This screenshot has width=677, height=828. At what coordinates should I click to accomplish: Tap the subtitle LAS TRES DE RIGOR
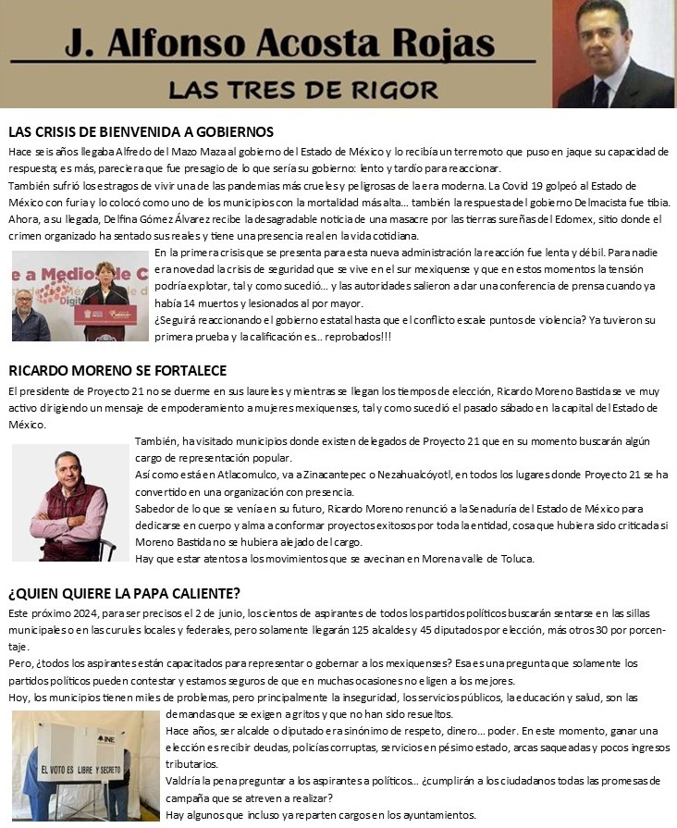coord(302,89)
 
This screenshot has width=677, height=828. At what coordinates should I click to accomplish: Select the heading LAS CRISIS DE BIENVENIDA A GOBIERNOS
coord(141,132)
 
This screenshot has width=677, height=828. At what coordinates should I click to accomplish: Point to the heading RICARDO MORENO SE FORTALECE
coord(117,371)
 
